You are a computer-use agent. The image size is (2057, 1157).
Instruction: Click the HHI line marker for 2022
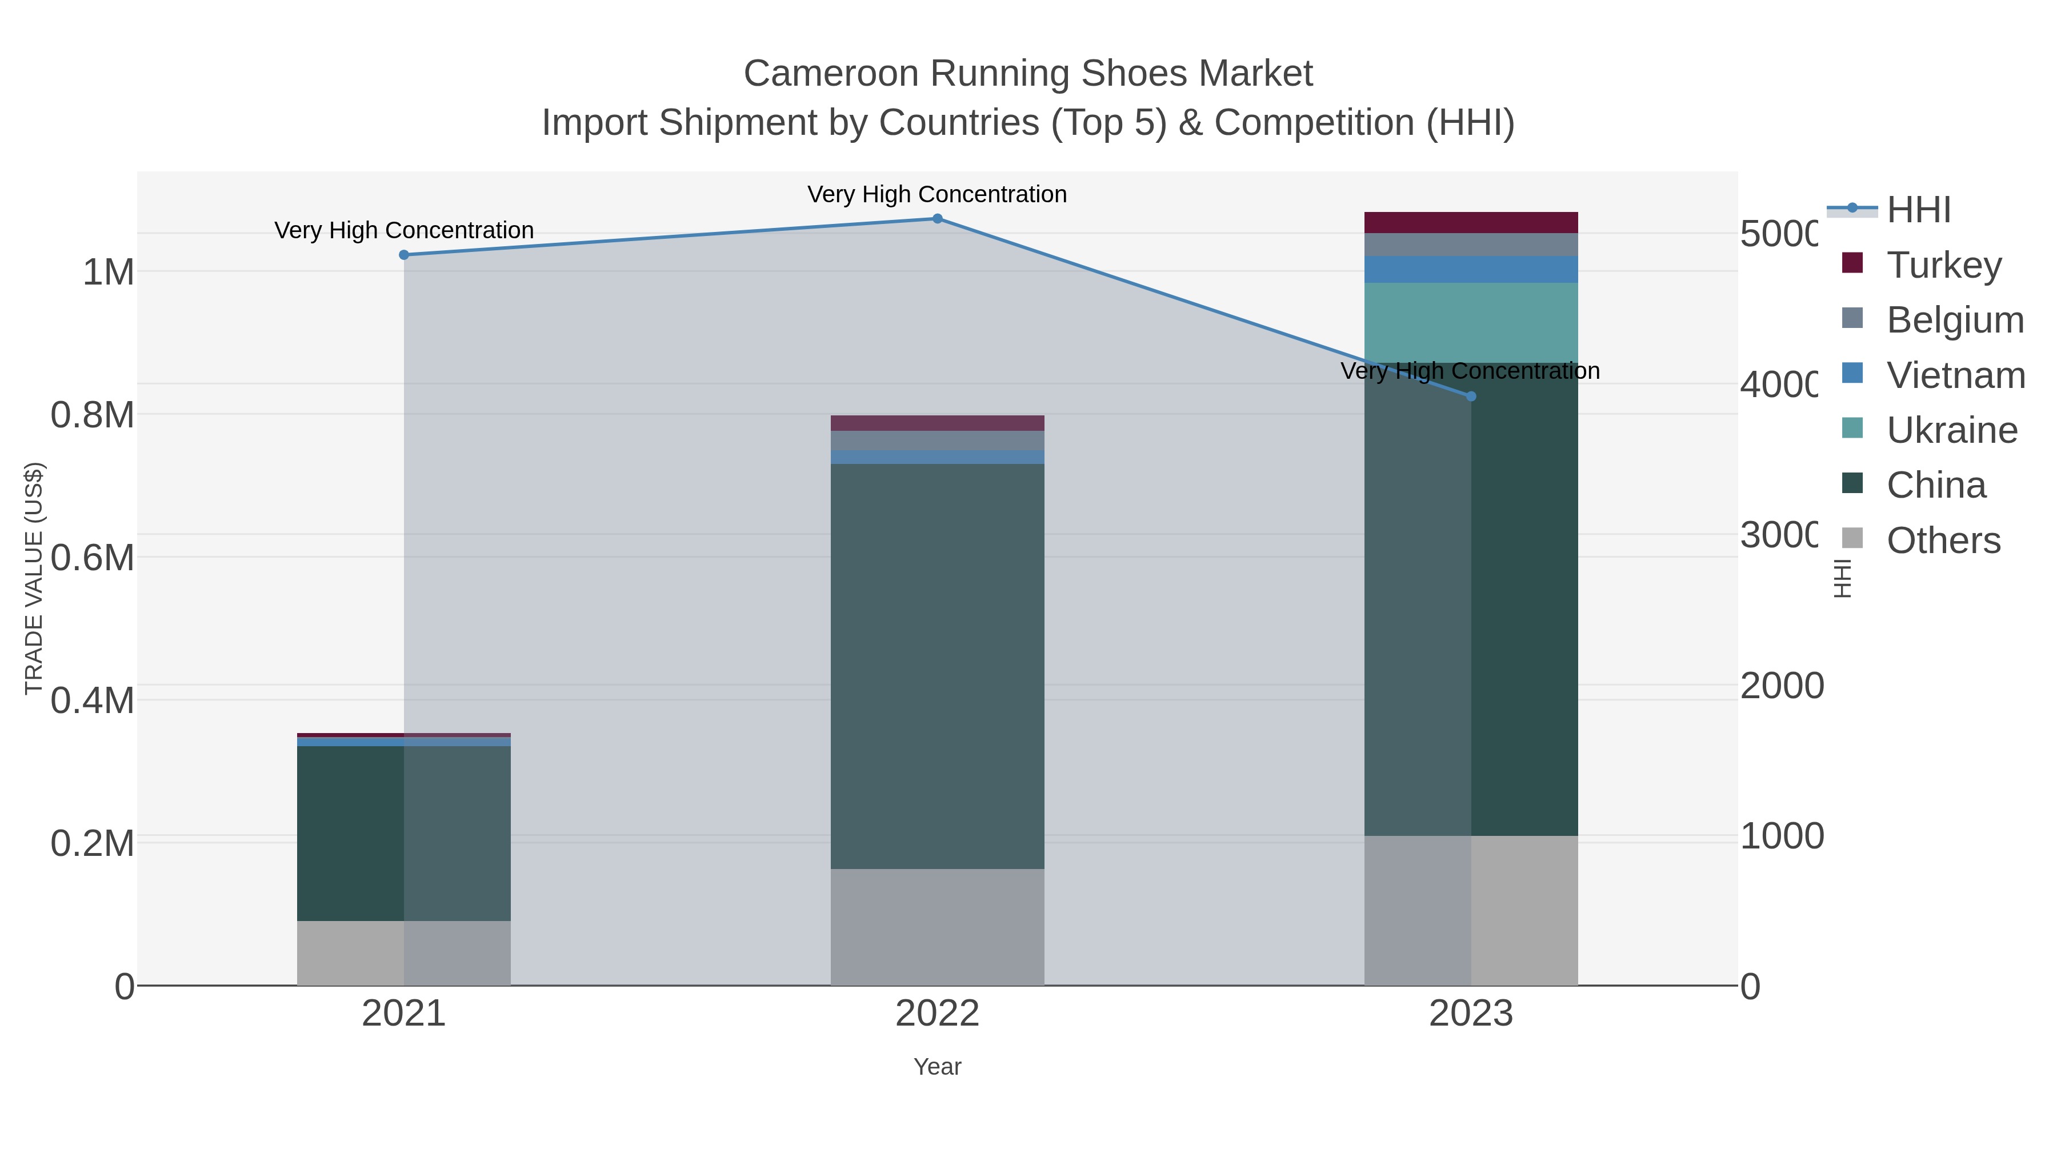(x=938, y=219)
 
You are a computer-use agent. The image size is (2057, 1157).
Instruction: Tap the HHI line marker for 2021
(x=404, y=255)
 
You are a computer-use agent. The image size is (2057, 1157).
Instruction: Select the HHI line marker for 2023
(x=1472, y=396)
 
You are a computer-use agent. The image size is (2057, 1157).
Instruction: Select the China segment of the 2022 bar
(x=938, y=666)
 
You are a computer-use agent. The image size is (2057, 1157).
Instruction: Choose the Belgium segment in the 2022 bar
(x=938, y=441)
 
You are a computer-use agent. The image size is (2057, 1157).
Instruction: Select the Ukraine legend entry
(x=1951, y=430)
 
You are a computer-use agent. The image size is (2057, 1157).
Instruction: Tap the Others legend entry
(x=1942, y=541)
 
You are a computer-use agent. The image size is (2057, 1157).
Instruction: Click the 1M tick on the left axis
(x=108, y=273)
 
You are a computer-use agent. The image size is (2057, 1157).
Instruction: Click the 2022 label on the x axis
(x=938, y=1014)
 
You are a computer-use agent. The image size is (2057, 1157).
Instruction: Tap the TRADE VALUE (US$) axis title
(x=34, y=578)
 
